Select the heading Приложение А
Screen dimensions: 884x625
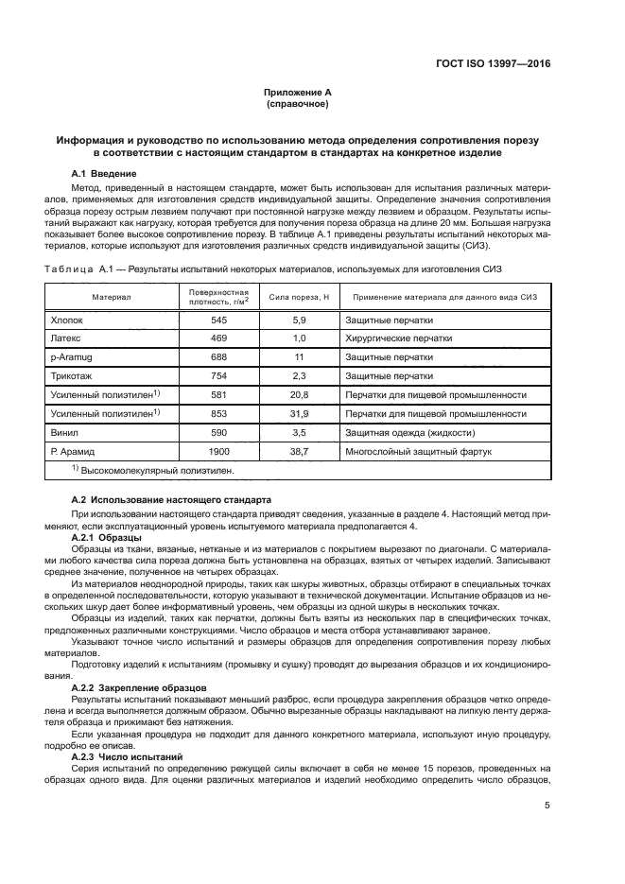[298, 93]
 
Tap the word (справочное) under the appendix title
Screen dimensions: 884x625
[298, 104]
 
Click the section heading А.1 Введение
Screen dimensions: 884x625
[104, 174]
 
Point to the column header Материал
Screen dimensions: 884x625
[111, 297]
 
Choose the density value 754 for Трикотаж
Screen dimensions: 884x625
[218, 376]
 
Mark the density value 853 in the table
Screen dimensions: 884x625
[218, 414]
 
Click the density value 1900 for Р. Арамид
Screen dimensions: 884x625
[218, 452]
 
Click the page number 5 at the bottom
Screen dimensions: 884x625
[547, 806]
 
